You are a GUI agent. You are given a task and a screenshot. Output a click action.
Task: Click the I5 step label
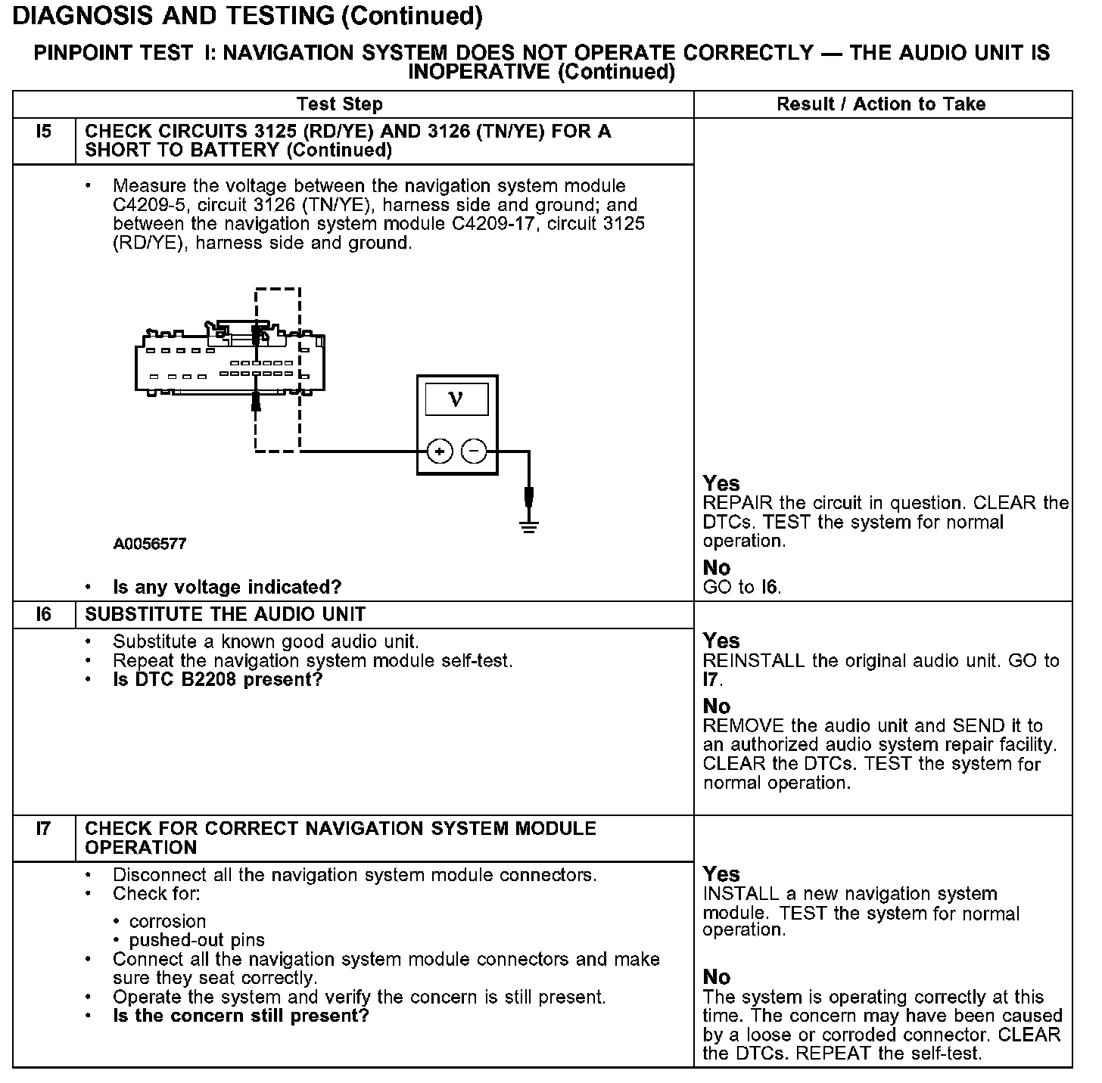click(x=44, y=132)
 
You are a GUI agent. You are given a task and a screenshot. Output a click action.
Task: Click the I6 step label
click(x=44, y=615)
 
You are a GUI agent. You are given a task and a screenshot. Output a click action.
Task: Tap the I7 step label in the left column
click(x=44, y=829)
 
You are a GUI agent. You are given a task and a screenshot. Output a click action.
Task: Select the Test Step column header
click(x=340, y=104)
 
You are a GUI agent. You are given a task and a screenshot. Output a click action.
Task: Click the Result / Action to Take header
click(x=881, y=104)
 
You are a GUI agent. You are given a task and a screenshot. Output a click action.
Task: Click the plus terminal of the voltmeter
click(x=440, y=452)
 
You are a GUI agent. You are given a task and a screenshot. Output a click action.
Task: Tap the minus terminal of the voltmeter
click(x=475, y=452)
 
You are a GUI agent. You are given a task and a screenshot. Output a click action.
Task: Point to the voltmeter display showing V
click(x=456, y=399)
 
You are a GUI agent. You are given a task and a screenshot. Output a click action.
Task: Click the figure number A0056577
click(x=150, y=544)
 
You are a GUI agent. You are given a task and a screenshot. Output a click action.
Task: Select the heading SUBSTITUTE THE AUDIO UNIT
click(x=225, y=615)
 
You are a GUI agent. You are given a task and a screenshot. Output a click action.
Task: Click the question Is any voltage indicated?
click(x=227, y=587)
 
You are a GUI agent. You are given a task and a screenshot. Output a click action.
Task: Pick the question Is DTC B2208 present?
click(x=218, y=680)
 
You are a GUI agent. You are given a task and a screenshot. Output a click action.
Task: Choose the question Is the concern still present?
click(x=241, y=1016)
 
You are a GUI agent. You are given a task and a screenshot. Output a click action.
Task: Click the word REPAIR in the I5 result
click(x=738, y=504)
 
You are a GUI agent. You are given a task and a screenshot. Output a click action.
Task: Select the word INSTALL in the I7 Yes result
click(x=736, y=894)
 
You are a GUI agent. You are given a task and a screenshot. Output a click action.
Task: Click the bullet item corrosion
click(x=167, y=922)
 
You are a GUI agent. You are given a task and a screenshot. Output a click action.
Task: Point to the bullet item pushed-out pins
click(x=197, y=941)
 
